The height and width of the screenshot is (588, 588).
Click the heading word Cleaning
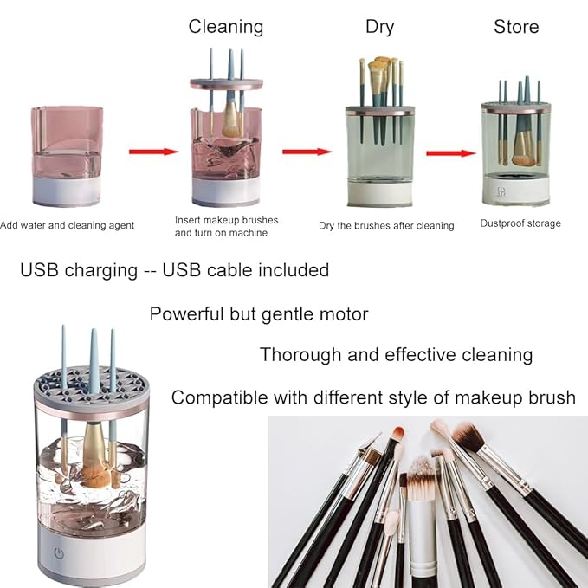point(225,26)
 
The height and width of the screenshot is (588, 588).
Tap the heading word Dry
point(379,26)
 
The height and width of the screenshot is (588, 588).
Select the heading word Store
point(516,26)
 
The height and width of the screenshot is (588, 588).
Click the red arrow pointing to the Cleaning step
point(153,152)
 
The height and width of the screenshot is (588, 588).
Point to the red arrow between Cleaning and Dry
point(307,152)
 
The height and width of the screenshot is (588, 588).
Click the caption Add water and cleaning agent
point(67,225)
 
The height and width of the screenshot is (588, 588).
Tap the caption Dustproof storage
point(520,223)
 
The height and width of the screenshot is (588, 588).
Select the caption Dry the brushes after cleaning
point(386,225)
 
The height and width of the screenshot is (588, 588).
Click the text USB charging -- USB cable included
point(174,270)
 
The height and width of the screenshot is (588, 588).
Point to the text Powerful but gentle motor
point(259,313)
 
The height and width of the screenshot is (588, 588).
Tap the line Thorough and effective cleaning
point(396,354)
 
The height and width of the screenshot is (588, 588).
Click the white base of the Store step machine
point(514,191)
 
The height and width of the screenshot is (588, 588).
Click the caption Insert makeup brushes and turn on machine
point(226,226)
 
